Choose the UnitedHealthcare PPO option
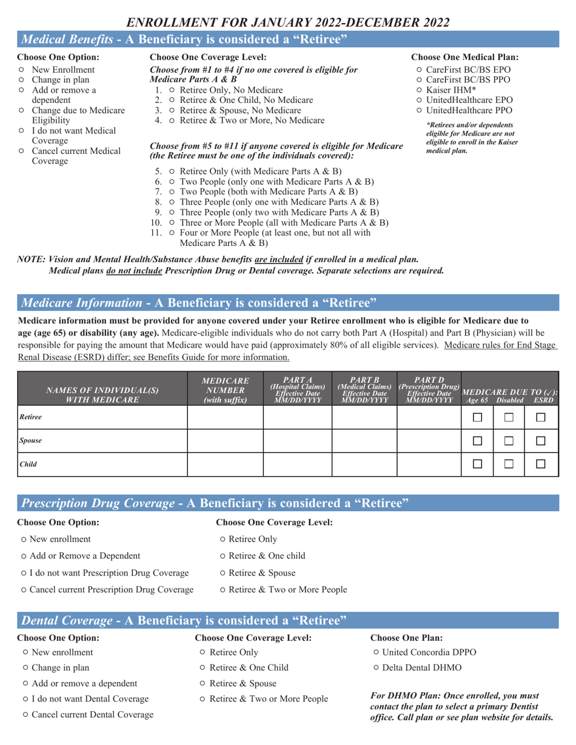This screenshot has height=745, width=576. tap(420, 110)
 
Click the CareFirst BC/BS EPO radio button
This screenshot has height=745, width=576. tap(420, 70)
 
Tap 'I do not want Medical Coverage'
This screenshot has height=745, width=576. tap(22, 130)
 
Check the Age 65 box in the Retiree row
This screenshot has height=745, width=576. tap(478, 417)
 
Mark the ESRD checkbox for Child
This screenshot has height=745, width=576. tap(541, 463)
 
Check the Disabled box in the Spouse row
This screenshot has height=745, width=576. tap(509, 440)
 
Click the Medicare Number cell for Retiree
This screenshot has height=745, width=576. tap(224, 417)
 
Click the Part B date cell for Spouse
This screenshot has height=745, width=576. tap(364, 440)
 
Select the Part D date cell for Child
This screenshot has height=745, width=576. tap(429, 463)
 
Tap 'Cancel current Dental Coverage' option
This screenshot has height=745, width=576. tap(25, 715)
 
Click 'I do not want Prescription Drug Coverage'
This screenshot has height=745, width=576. tap(22, 573)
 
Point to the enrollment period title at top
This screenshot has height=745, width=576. tap(288, 22)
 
